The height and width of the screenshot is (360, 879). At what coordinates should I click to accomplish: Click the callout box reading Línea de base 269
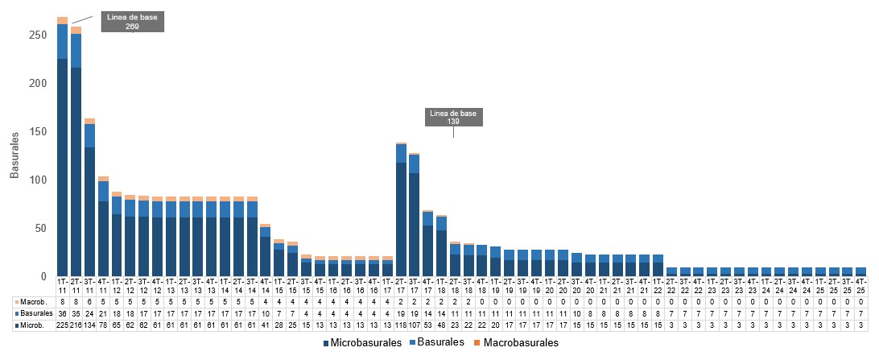tap(133, 23)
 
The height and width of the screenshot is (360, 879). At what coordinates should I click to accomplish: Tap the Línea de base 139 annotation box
tap(453, 116)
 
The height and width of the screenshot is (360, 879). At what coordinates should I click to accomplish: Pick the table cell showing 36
tap(63, 312)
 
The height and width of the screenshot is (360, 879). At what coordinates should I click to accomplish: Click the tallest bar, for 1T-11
tap(63, 161)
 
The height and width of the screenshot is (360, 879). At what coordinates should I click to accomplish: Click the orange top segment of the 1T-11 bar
tap(63, 20)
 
